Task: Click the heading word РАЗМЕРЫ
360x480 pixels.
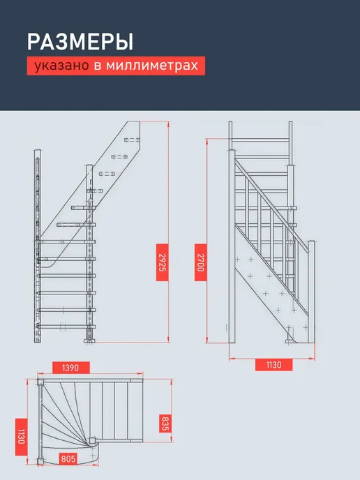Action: coord(80,42)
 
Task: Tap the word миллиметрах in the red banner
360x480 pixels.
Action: coord(152,66)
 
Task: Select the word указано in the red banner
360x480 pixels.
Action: coord(61,66)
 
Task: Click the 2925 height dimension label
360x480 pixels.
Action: coord(163,262)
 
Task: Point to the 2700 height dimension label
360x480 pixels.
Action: coord(200,262)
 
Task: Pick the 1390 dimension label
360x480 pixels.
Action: coord(70,368)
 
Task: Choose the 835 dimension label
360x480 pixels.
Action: coord(165,423)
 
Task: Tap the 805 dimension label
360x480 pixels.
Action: coord(68,459)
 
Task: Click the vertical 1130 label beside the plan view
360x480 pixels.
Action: coord(21,437)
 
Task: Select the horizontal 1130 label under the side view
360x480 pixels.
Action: coord(273,365)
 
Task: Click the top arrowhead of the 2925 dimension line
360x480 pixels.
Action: coord(168,124)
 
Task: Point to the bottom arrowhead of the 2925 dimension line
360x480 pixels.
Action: coord(168,339)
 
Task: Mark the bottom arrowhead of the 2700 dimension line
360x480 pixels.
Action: coord(207,340)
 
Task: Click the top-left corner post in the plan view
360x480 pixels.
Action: coord(40,382)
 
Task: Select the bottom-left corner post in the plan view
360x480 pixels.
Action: coord(40,461)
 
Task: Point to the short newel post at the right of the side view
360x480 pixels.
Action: coord(311,292)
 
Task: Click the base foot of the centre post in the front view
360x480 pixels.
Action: coord(89,340)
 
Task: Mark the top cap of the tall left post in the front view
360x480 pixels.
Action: coord(38,151)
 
